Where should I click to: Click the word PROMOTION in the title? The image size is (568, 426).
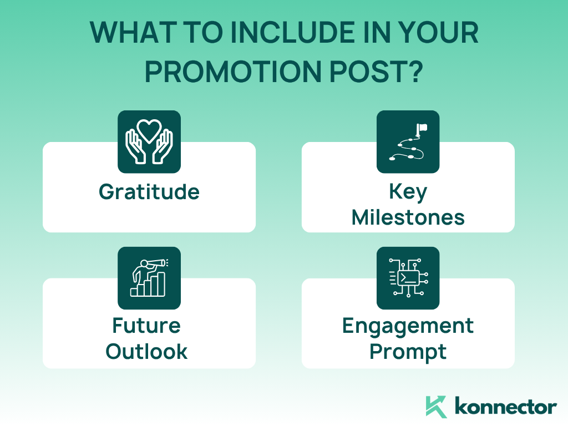tap(233, 72)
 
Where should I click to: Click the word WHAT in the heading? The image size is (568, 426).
tap(133, 33)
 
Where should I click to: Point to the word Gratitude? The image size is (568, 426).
tap(149, 191)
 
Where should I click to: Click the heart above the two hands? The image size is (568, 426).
tap(149, 130)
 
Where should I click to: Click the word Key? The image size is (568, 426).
tap(408, 192)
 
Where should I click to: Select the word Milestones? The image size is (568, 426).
tap(408, 217)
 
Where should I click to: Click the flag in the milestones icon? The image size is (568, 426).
tap(422, 128)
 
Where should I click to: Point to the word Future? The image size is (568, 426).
tap(146, 325)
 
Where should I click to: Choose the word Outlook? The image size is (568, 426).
tap(146, 351)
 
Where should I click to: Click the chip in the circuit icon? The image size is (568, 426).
tap(408, 278)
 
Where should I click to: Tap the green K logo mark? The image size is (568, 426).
tap(436, 407)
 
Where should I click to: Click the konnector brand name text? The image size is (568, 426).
tap(506, 407)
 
